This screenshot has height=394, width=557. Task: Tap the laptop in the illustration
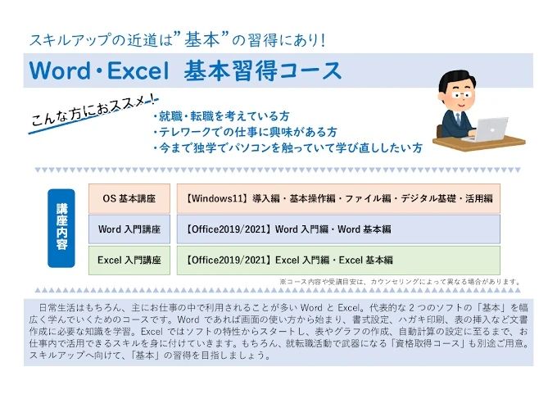(x=490, y=130)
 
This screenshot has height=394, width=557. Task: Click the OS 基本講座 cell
(x=129, y=198)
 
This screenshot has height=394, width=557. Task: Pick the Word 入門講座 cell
(x=129, y=229)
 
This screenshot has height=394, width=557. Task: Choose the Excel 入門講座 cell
(x=129, y=260)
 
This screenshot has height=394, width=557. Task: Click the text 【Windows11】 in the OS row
(x=220, y=198)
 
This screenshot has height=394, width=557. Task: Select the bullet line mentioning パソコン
(x=287, y=148)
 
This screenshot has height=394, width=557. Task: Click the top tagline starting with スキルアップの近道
(x=177, y=38)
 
